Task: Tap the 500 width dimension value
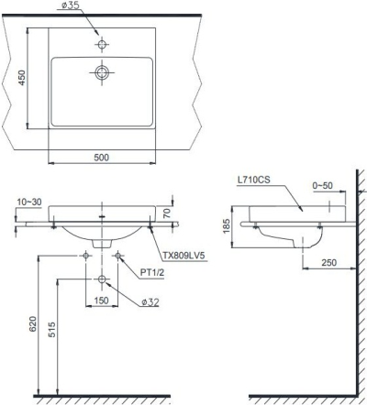(x=102, y=158)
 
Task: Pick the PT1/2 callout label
(x=152, y=272)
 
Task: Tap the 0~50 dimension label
(x=323, y=187)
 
